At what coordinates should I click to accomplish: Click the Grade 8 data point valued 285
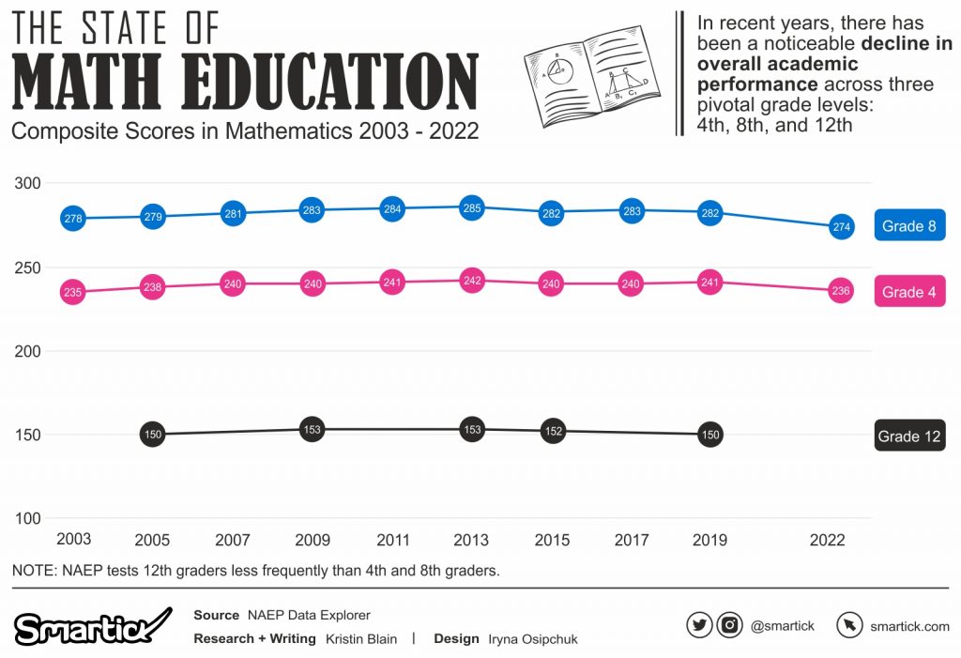(472, 207)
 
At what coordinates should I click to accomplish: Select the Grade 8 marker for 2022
(841, 226)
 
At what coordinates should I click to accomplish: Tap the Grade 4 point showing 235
(72, 292)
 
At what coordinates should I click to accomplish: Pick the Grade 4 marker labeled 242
(472, 280)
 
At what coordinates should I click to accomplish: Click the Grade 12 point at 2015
(553, 431)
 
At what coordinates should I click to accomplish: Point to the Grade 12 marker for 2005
(153, 434)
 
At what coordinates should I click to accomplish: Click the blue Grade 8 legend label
(908, 226)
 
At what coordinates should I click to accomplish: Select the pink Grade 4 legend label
(908, 292)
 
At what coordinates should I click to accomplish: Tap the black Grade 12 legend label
(908, 436)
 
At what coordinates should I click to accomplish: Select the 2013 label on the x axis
(471, 540)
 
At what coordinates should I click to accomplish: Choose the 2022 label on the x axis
(828, 540)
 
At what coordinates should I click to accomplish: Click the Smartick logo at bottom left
(92, 627)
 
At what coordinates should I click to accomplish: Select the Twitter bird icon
(699, 625)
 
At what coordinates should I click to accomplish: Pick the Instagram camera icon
(730, 625)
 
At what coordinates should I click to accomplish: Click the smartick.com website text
(909, 626)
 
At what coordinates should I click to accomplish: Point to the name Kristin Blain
(361, 638)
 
